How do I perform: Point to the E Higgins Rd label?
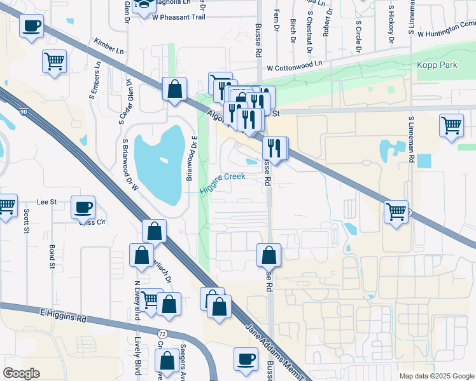(x=63, y=315)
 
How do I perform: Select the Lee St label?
(x=47, y=201)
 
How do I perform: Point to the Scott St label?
(x=27, y=221)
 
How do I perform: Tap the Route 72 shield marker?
(x=162, y=332)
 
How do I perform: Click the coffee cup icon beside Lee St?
(x=83, y=207)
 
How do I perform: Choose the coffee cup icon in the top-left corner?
(x=31, y=26)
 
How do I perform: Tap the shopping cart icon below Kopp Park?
(x=451, y=124)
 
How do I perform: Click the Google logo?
(x=22, y=373)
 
